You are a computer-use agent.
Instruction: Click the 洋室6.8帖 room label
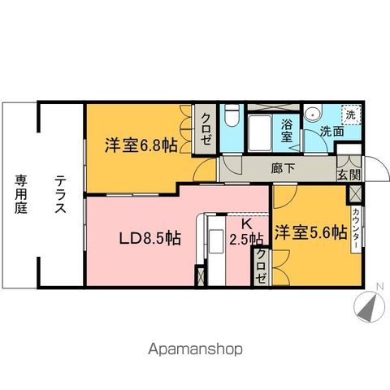pos(140,147)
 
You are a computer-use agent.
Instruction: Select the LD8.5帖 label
pos(149,239)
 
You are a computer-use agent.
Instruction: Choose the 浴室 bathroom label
pos(287,131)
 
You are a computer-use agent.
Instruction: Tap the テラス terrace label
pos(60,195)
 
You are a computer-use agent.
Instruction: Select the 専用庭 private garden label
pos(18,194)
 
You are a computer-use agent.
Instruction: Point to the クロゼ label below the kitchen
pos(262,267)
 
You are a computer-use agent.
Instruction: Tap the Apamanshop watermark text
pos(196,350)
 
